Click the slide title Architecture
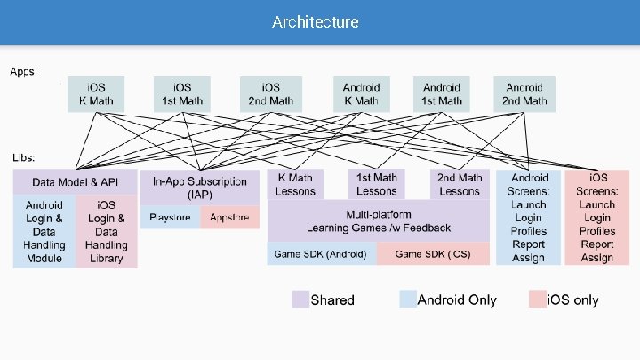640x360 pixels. pos(316,21)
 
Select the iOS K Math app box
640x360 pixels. pos(96,93)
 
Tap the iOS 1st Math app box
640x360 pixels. pos(182,93)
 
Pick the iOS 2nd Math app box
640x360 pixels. pos(270,93)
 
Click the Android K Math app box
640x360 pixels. pos(361,93)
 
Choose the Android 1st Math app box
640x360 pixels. pos(442,93)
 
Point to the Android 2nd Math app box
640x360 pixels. pos(524,93)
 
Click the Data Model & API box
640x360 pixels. pos(76,182)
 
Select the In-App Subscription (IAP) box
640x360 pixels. pos(200,188)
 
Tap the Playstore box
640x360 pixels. pos(171,217)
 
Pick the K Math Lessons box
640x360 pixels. pos(296,184)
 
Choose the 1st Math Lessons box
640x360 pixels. pos(376,184)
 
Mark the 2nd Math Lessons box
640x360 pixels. pos(459,184)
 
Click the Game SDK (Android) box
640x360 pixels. pos(321,254)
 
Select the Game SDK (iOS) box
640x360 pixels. pos(433,254)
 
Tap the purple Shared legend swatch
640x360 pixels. pos(300,300)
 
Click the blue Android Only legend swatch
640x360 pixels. pos(408,300)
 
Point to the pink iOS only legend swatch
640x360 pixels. pos(537,300)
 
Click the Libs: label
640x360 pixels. pos(24,156)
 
